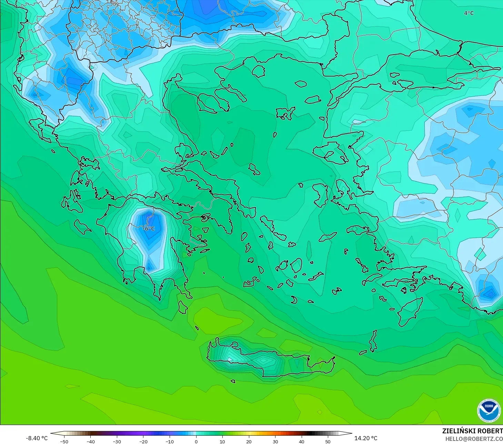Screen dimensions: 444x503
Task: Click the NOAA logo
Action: [489, 411]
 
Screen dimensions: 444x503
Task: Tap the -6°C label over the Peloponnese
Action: [149, 229]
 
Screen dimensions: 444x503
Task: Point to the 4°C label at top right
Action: [469, 13]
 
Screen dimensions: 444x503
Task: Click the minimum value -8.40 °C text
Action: [37, 438]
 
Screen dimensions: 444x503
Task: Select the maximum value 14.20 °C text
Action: [366, 438]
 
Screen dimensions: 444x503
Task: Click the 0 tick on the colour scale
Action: [196, 441]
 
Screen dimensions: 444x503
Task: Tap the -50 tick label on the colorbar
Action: [64, 441]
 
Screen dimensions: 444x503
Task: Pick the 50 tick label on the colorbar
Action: [328, 441]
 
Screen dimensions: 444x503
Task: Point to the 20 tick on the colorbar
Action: [249, 441]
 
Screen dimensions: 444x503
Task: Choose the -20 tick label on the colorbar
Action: [143, 441]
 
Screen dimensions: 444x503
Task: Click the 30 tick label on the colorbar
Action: [275, 441]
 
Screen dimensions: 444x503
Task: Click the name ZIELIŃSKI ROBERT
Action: [472, 431]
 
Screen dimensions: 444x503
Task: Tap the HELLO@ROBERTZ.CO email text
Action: [474, 439]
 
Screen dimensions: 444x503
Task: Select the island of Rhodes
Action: [410, 310]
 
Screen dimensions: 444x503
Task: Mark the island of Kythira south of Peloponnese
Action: [183, 307]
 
